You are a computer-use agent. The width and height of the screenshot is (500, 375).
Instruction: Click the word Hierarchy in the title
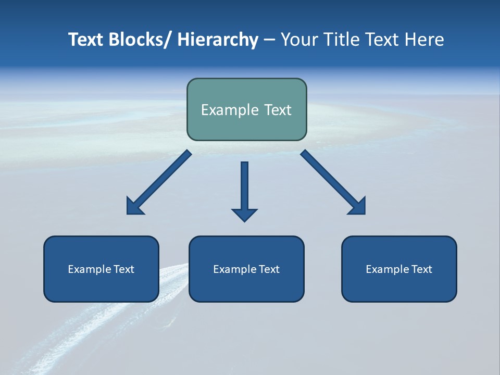218,40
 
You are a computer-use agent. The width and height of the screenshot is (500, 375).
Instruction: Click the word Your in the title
299,40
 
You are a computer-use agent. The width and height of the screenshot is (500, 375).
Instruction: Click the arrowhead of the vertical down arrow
244,215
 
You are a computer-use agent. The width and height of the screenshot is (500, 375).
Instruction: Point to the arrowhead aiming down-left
133,207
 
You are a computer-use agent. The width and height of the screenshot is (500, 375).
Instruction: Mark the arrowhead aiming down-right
358,207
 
